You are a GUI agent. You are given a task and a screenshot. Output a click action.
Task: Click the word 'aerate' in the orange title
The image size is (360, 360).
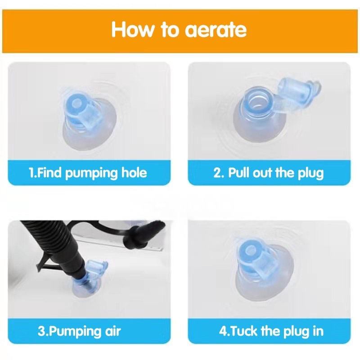coord(216,30)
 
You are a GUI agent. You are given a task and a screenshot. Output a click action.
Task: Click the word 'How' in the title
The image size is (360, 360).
coord(133,29)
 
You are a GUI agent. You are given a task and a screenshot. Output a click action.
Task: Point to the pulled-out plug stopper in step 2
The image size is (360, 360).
coord(298,89)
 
